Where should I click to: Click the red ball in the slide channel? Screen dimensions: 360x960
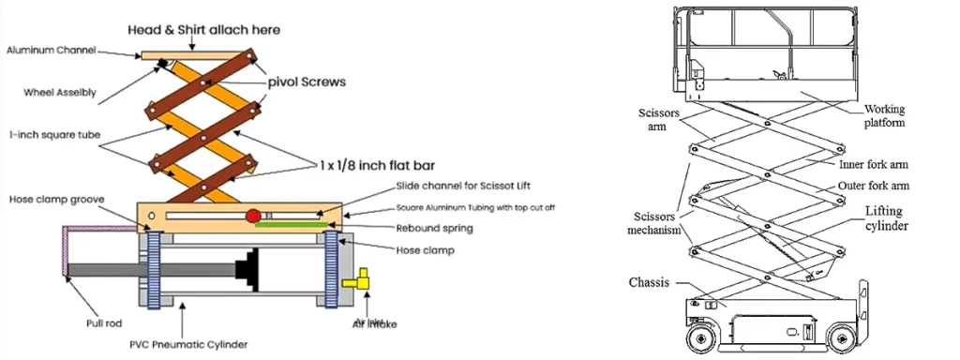(253, 217)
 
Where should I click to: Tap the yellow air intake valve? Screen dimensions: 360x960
(357, 280)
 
